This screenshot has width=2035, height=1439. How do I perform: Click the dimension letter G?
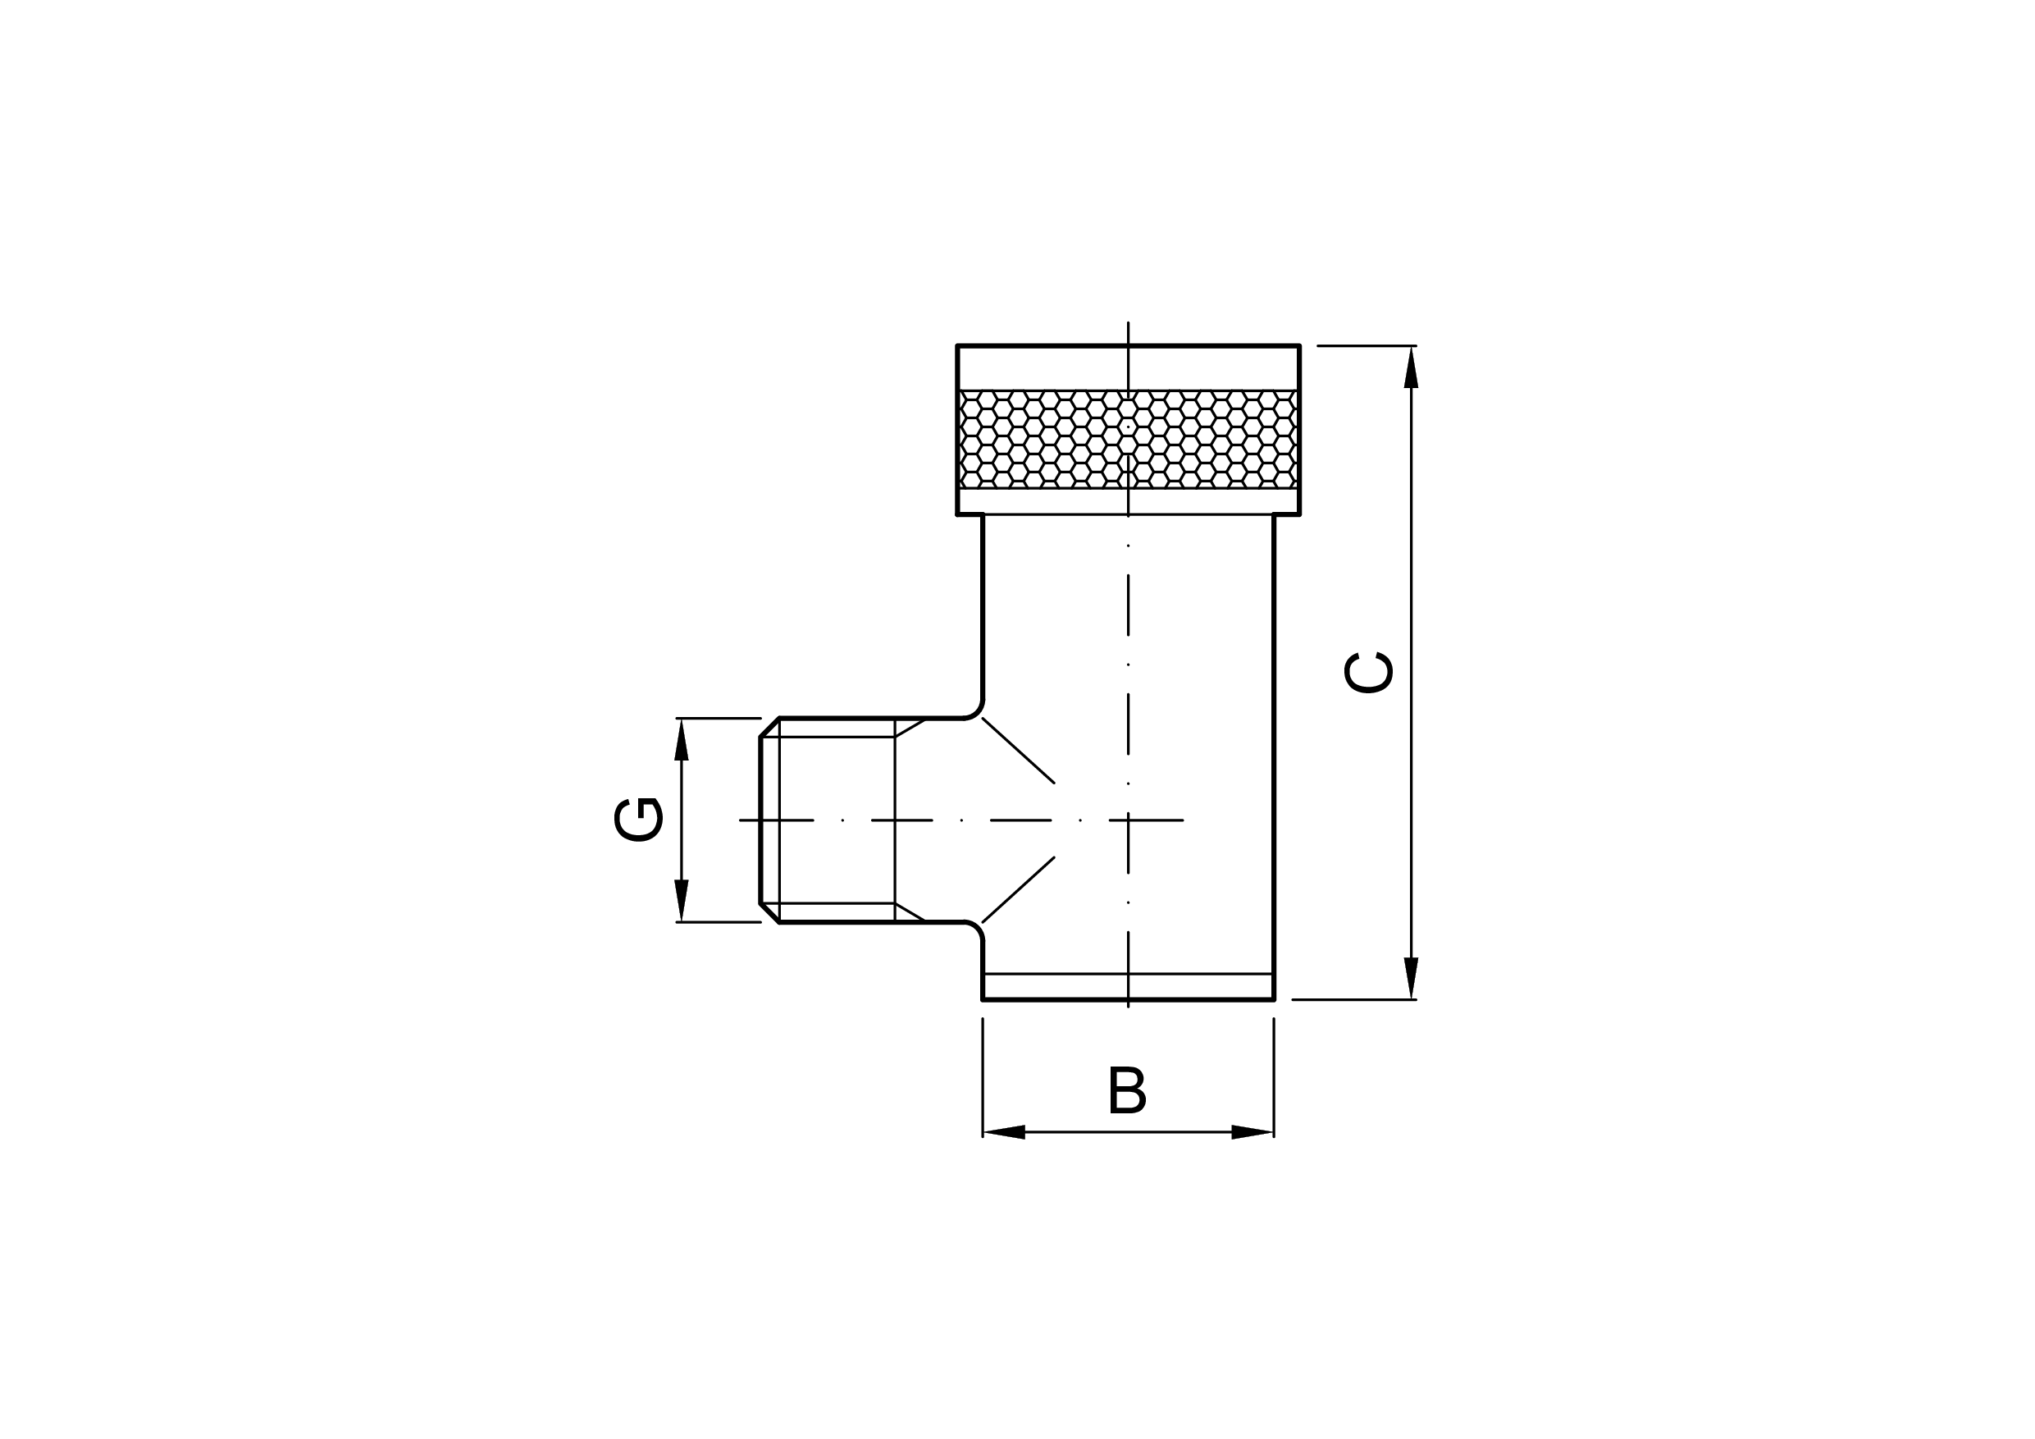tap(638, 820)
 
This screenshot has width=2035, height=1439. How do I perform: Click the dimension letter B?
tap(1127, 1090)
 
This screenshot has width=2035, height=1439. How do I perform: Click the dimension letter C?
tap(1368, 673)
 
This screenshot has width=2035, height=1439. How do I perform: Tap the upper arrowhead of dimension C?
tap(1411, 366)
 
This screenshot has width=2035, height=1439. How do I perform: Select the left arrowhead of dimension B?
tap(1004, 1132)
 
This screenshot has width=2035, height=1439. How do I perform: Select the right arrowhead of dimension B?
tap(1252, 1132)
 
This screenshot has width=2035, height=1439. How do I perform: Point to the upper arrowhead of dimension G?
tap(682, 739)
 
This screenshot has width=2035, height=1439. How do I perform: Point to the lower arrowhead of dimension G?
tap(682, 901)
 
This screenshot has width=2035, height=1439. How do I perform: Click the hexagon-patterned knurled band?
tap(1129, 439)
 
